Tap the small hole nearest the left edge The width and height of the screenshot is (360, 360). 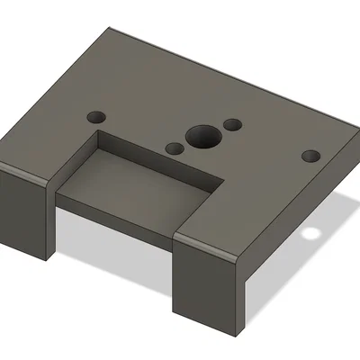(95, 116)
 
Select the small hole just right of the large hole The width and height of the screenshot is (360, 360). (232, 124)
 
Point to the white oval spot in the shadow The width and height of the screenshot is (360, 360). (312, 236)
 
